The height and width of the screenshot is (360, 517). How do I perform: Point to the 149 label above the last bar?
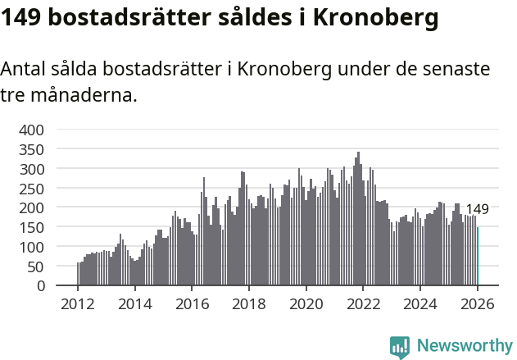pos(477,209)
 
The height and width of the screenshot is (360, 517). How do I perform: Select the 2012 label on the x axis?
pos(78,305)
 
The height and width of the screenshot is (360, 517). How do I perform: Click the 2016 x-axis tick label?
pos(192,305)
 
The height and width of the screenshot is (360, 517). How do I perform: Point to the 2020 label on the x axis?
pos(306,305)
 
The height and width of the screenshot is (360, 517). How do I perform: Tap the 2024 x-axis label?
pos(419,305)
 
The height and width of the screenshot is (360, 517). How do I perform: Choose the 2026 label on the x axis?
pos(477,305)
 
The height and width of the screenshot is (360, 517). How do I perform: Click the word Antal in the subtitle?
pos(25,70)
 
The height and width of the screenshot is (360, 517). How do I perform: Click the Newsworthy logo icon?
pos(400,346)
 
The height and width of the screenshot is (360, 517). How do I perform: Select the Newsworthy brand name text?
pos(464,346)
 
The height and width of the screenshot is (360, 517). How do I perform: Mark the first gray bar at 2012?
pos(78,274)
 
